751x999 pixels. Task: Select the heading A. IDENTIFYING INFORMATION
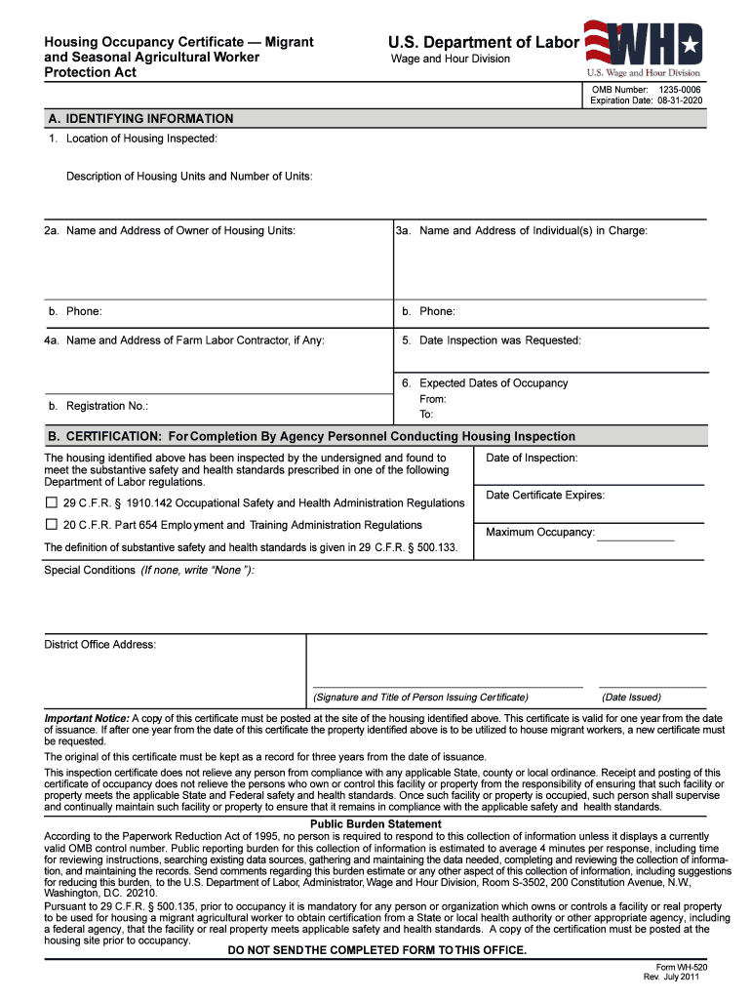point(140,119)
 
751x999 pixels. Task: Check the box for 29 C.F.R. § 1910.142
point(52,503)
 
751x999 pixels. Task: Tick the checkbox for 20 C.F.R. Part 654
point(52,525)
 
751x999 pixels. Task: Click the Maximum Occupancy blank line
point(635,536)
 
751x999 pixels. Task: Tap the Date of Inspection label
point(532,458)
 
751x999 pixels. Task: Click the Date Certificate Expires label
point(545,496)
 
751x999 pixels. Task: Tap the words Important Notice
point(87,718)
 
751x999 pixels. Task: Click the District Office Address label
point(99,644)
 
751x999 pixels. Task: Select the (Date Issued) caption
point(631,698)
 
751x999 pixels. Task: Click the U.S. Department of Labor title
point(484,42)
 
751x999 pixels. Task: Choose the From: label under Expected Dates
point(433,399)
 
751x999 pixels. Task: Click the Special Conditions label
point(90,570)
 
